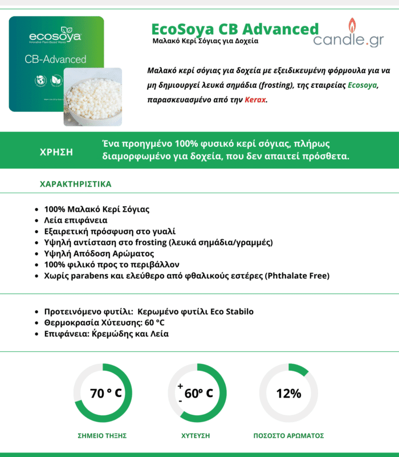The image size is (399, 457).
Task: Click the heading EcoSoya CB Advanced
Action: (235, 29)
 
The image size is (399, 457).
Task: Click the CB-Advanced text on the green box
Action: (56, 59)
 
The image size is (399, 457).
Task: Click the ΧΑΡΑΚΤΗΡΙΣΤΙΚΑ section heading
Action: (75, 185)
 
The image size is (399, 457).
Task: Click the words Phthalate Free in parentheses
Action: (298, 276)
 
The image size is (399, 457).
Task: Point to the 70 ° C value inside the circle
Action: (106, 394)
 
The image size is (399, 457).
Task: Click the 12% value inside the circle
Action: (288, 394)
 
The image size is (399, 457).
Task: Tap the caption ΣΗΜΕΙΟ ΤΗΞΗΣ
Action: (102, 435)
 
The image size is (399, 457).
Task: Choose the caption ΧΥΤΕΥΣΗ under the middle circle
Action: (196, 435)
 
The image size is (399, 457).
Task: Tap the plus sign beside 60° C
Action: (180, 387)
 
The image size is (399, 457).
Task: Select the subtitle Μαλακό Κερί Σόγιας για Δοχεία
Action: (205, 41)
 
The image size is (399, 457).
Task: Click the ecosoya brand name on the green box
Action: (55, 37)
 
